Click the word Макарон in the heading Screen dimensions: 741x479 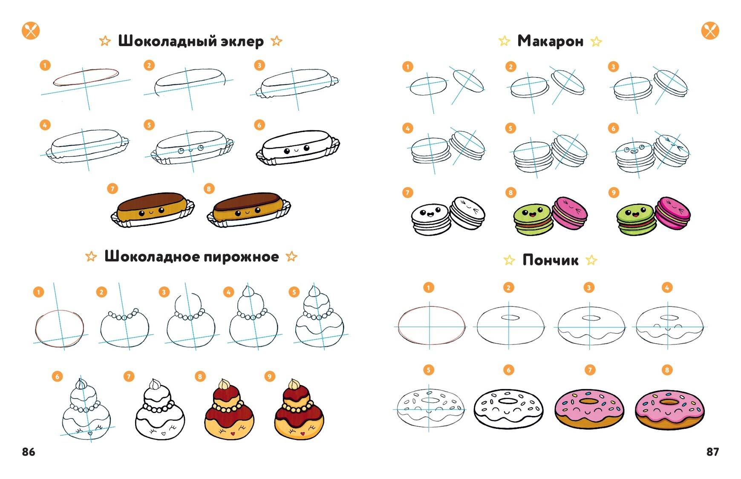click(x=550, y=41)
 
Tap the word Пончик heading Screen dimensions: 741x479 click(x=550, y=260)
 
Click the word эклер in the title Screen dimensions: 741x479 click(x=242, y=41)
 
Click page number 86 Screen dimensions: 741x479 click(x=29, y=452)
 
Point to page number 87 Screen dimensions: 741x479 click(x=712, y=452)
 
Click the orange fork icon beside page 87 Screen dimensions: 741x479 click(x=710, y=31)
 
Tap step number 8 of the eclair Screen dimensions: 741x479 click(x=209, y=189)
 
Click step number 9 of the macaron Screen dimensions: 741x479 click(x=614, y=192)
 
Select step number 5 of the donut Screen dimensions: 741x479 click(x=429, y=370)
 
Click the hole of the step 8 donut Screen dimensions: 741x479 click(x=669, y=402)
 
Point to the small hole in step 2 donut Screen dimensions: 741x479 click(x=511, y=317)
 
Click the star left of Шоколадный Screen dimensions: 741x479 click(x=105, y=41)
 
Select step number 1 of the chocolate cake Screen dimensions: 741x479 click(x=39, y=292)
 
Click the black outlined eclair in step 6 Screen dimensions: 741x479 click(x=297, y=148)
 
